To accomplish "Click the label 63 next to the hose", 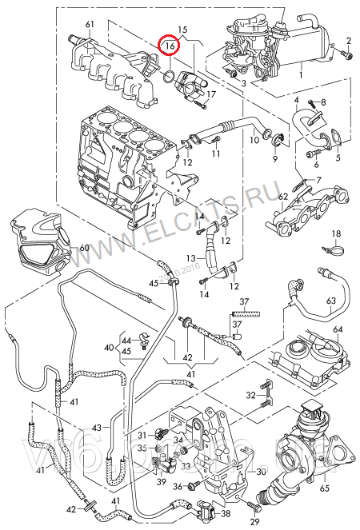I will pyautogui.click(x=330, y=300).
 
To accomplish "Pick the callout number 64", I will pyautogui.click(x=337, y=329).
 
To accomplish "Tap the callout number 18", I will pyautogui.click(x=337, y=233).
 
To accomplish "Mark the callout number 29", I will pyautogui.click(x=254, y=522).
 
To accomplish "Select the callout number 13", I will pyautogui.click(x=192, y=257).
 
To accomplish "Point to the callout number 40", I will pyautogui.click(x=109, y=348).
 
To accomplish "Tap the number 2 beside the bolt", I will pyautogui.click(x=349, y=40).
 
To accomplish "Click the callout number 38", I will pyautogui.click(x=225, y=514).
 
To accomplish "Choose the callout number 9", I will pyautogui.click(x=274, y=159).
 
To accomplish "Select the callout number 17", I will pyautogui.click(x=211, y=94).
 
